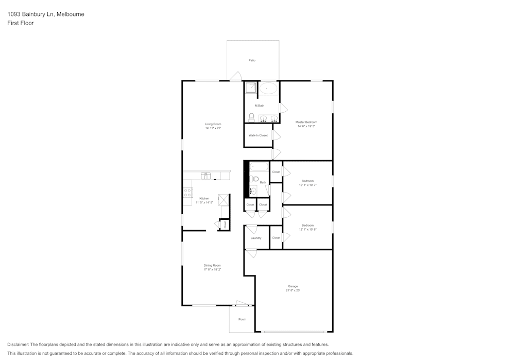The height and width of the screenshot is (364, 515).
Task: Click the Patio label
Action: [x=252, y=60]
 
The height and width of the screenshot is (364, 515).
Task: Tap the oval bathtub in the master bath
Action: [x=267, y=88]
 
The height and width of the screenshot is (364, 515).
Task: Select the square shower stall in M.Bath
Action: [x=250, y=88]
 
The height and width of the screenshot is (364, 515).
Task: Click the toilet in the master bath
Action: [x=251, y=117]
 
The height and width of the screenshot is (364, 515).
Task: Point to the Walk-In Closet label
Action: [x=258, y=135]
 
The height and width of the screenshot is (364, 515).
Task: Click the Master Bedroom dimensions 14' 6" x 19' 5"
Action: [x=306, y=126]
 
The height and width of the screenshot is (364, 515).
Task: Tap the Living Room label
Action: [x=213, y=124]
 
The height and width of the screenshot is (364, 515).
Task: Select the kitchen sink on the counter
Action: [x=206, y=176]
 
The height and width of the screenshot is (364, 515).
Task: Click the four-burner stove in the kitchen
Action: [x=187, y=193]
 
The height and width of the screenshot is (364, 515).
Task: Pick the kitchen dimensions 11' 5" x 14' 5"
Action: [x=204, y=203]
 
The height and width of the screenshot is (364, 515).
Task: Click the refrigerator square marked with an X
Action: [x=224, y=199]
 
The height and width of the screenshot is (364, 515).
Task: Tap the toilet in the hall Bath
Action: [x=253, y=179]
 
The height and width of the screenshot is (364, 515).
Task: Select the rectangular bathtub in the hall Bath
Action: [x=259, y=166]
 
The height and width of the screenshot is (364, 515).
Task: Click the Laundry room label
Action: [x=256, y=238]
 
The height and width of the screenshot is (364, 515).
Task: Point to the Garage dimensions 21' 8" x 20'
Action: [x=293, y=290]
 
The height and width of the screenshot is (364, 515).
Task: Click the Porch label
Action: [x=242, y=319]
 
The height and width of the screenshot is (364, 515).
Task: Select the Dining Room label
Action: [x=212, y=265]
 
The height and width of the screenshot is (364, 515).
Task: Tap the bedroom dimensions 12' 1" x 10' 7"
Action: [x=307, y=185]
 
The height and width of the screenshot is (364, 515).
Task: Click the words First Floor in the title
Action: [x=21, y=23]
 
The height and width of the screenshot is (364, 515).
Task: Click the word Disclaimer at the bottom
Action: [x=18, y=344]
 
